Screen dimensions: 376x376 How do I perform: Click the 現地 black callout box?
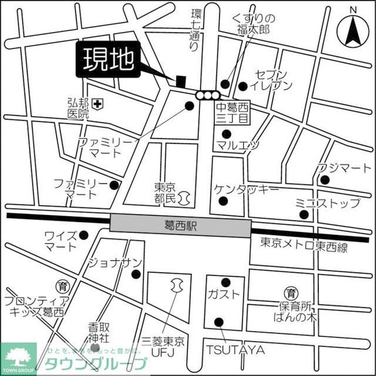[x=108, y=61]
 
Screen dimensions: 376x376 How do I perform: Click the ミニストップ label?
[x=327, y=202]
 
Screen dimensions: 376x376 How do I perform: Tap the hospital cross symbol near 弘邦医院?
[x=97, y=103]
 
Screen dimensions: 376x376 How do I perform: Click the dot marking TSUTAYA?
[x=219, y=322]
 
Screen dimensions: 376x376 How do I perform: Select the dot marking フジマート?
[x=325, y=180]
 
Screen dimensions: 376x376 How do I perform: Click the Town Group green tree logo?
[x=18, y=358]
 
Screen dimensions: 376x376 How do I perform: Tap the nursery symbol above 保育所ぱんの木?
[x=291, y=293]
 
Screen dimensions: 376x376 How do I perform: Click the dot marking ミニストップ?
[x=304, y=215]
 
